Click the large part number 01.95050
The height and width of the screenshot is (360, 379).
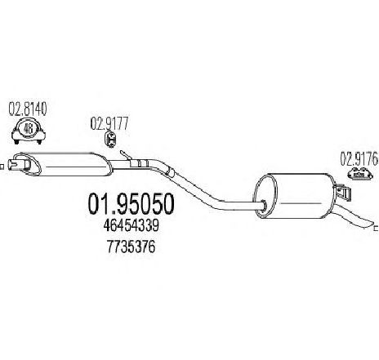pos(131,203)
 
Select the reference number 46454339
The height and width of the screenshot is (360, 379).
pos(131,226)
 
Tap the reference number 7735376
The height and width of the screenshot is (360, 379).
pos(131,247)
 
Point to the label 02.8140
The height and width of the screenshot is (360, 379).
pos(28,109)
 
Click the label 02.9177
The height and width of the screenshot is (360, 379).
pos(109,124)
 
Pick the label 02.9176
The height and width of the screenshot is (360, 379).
pos(359,158)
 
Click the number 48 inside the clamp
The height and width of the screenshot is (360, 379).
pos(29,128)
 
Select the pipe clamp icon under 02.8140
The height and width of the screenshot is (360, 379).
pos(29,131)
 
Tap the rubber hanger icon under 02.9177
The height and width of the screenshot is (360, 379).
pos(110,140)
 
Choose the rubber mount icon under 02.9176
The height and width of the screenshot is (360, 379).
pos(360,173)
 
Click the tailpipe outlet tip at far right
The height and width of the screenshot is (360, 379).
pos(370,223)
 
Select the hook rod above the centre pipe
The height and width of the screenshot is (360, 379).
pos(126,155)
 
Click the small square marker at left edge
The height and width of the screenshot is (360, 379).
pos(2,167)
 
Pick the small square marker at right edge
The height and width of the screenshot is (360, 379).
pos(377,228)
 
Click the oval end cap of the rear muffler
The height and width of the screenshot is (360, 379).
pos(266,197)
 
